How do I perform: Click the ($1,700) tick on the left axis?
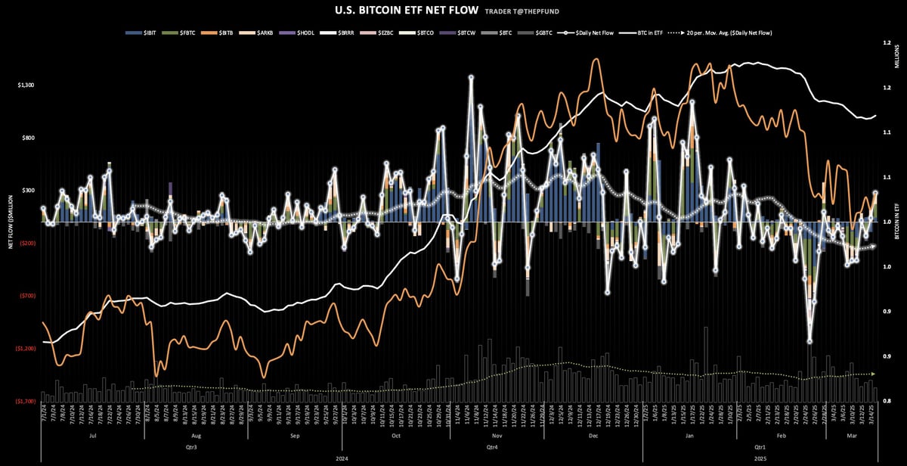(x=25, y=402)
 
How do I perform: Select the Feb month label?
(x=782, y=436)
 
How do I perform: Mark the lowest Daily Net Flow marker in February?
(x=810, y=341)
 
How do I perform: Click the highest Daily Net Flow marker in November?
(x=471, y=78)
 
